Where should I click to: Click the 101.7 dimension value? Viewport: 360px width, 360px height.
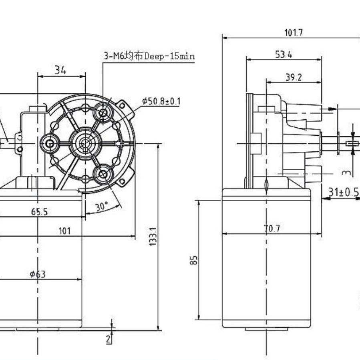[294, 32]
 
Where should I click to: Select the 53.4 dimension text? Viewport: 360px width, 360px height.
[284, 54]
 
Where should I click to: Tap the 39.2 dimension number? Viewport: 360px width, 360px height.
[294, 78]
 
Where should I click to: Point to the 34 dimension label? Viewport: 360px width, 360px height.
[60, 70]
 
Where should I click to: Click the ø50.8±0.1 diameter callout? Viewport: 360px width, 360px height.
[161, 101]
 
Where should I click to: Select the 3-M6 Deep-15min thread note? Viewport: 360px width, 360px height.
[149, 56]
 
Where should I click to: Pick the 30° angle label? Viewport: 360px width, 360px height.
[102, 206]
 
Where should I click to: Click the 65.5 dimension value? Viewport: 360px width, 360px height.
[39, 212]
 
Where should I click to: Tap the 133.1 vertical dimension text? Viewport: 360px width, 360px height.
[153, 237]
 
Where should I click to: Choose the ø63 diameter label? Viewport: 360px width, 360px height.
[38, 274]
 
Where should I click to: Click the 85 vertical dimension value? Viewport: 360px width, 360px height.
[194, 260]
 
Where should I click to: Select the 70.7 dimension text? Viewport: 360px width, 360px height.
[272, 228]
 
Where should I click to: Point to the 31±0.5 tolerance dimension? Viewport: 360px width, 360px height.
[344, 192]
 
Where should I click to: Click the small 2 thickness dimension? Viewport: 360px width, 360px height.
[109, 339]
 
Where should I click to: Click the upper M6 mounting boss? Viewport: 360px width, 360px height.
[103, 113]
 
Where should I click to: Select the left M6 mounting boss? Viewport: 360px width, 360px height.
[50, 144]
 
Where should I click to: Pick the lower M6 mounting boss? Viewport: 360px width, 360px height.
[103, 174]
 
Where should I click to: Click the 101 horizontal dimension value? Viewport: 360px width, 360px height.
[65, 231]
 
